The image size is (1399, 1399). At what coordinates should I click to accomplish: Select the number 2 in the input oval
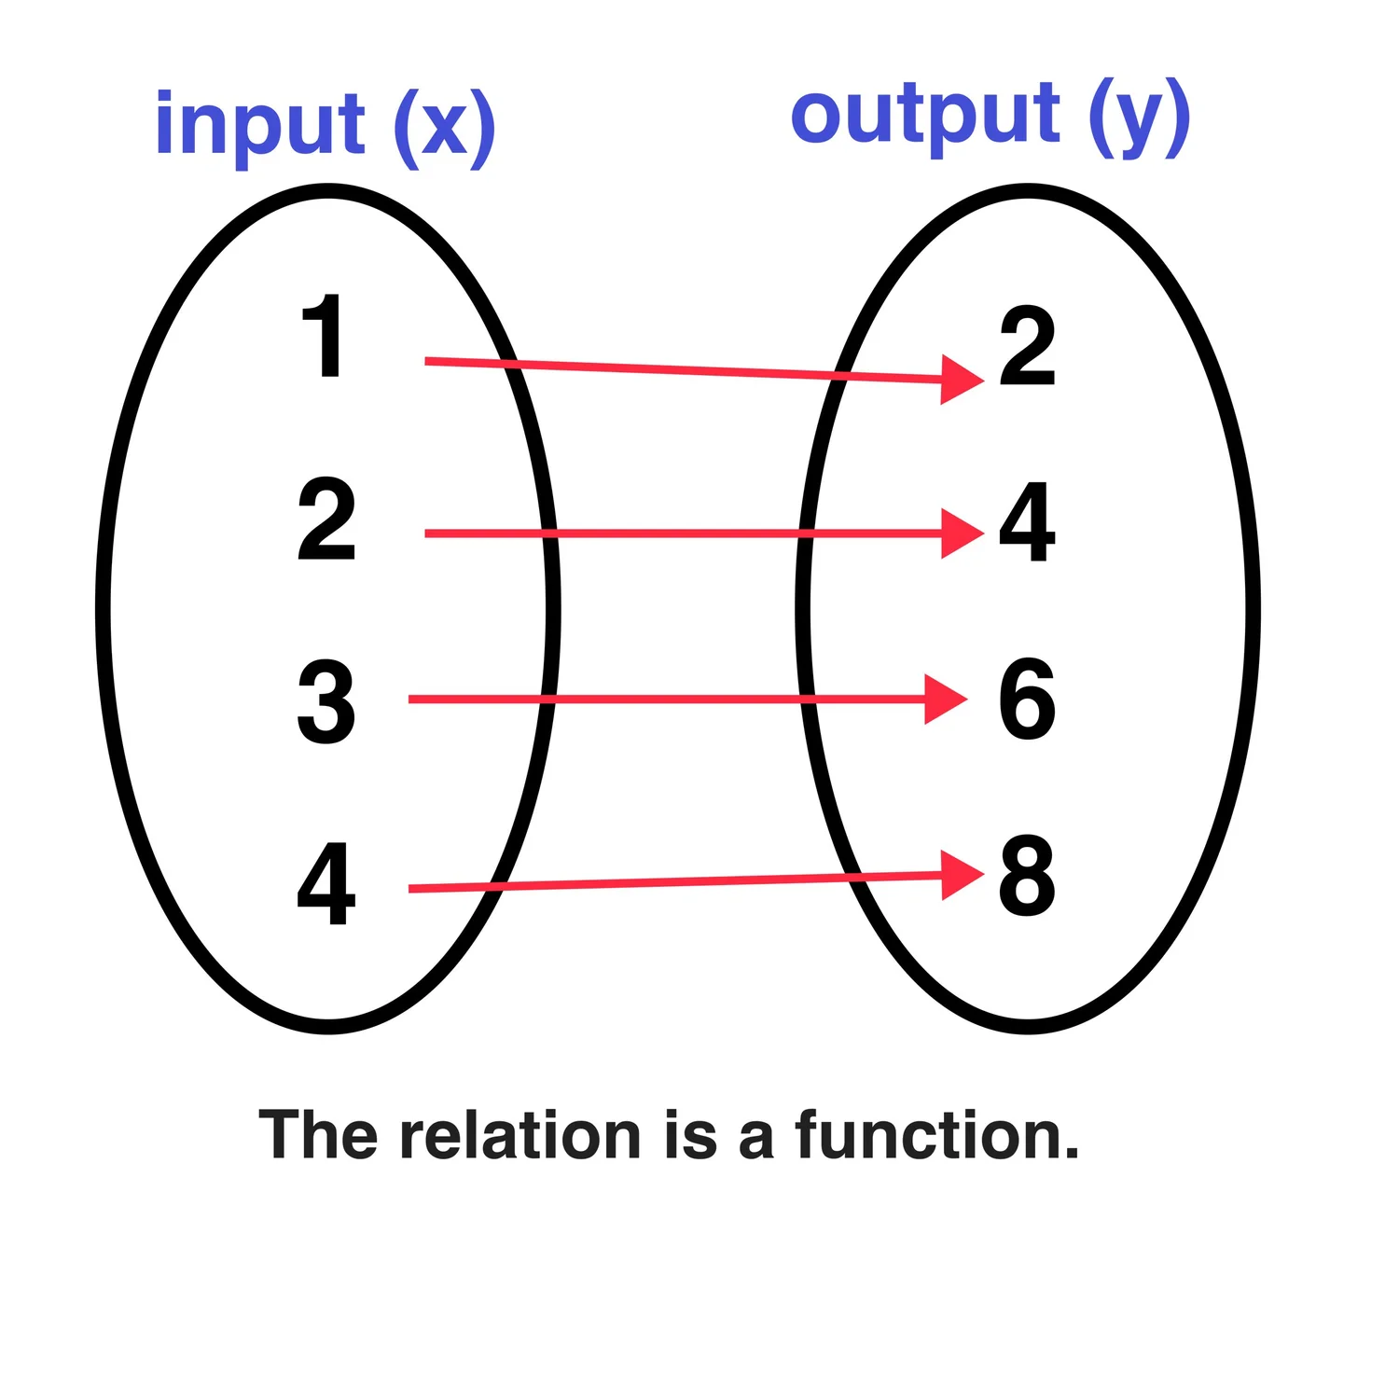[326, 519]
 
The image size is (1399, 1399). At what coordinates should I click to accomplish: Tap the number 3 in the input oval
[326, 701]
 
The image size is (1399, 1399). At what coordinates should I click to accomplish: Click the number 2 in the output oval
[1027, 346]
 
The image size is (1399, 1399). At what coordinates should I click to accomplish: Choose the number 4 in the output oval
[1027, 522]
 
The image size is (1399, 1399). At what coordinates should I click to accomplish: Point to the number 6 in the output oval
[1027, 699]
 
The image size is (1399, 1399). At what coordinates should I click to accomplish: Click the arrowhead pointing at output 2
[961, 380]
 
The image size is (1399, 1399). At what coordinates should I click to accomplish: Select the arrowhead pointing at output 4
[961, 533]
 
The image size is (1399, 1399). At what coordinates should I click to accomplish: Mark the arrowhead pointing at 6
[944, 699]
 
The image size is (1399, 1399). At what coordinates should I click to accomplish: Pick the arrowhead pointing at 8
[961, 875]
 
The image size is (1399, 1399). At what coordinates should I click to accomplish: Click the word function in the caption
[937, 1135]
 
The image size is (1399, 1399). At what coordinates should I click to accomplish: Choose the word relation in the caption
[519, 1135]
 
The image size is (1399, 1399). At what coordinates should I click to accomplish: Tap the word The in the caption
[318, 1135]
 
